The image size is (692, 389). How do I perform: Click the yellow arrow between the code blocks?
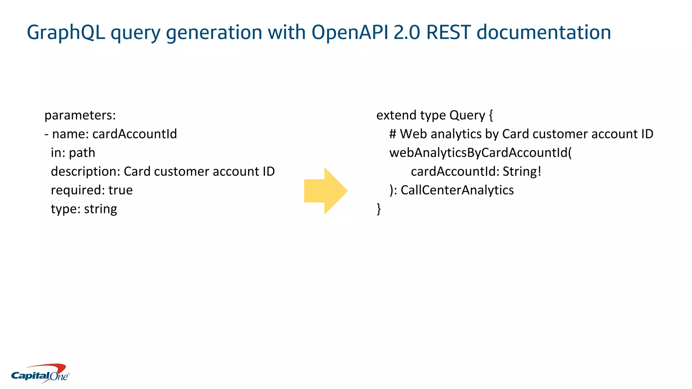point(326,191)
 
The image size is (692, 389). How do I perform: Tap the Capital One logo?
point(40,374)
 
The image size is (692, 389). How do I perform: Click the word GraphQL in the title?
point(66,33)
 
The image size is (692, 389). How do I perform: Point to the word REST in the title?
point(448,33)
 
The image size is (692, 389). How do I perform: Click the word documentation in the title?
point(544,33)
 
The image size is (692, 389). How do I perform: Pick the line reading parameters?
point(80,115)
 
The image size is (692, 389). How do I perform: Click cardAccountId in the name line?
point(134,134)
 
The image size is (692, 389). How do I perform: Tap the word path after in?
point(82,153)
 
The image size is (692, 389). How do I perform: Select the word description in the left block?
point(85,172)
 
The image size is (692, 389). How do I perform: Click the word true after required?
point(121,190)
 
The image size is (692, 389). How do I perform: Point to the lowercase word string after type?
point(100,209)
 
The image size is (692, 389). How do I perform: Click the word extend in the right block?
point(396,115)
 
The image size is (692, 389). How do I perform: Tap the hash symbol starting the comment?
point(393,134)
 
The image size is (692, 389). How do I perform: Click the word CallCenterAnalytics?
point(457,190)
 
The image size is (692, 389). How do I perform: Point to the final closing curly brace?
point(379,209)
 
